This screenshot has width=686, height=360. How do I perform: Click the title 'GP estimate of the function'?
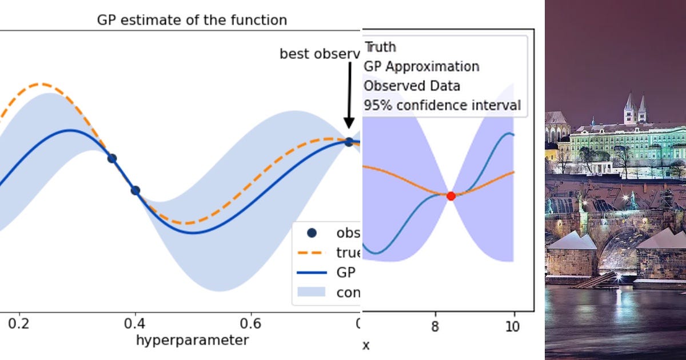192,20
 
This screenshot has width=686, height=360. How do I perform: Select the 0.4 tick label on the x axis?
135,323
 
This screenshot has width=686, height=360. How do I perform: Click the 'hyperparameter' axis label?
192,341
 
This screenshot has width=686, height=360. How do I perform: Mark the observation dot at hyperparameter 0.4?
135,191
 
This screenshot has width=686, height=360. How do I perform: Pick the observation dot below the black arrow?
349,142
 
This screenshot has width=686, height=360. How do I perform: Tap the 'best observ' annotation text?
320,54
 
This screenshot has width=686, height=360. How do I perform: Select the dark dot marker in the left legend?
312,233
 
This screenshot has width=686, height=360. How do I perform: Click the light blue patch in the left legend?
312,292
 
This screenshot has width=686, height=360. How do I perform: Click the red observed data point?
450,196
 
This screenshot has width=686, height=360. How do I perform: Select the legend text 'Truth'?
380,47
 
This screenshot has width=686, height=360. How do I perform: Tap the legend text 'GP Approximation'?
422,66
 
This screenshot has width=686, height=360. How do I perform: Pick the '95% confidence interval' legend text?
442,105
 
